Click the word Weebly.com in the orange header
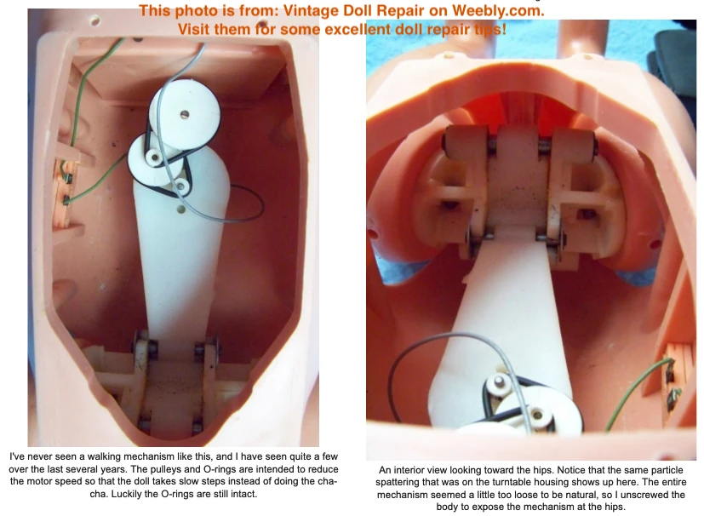pos(498,10)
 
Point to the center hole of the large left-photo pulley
pos(184,115)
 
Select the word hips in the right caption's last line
pos(615,507)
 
